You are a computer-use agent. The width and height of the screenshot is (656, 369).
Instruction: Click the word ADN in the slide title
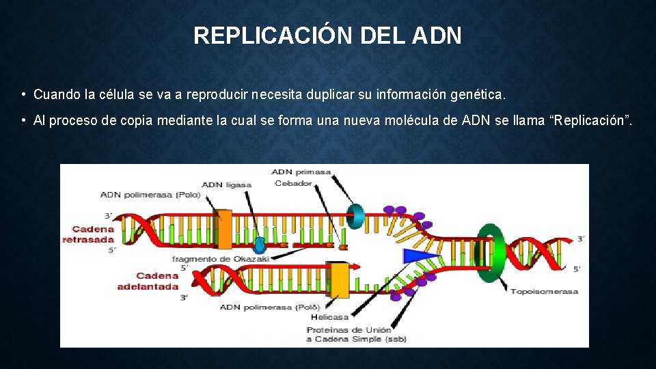click(437, 36)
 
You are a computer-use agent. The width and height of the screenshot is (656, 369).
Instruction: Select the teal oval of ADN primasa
click(356, 215)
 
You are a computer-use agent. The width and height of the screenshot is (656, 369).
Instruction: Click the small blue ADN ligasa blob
click(260, 245)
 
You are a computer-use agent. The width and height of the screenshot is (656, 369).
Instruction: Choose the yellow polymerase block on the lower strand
click(338, 279)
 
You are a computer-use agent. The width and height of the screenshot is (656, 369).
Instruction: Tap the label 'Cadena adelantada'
click(148, 281)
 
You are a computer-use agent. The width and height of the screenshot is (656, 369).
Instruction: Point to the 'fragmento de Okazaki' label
click(221, 259)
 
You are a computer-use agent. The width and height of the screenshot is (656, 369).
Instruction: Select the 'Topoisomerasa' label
click(544, 292)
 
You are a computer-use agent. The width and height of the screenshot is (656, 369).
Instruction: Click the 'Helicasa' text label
click(329, 317)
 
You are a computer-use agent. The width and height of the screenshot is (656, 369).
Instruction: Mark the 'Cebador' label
click(292, 183)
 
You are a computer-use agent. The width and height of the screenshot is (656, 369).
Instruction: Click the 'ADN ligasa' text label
click(226, 184)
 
